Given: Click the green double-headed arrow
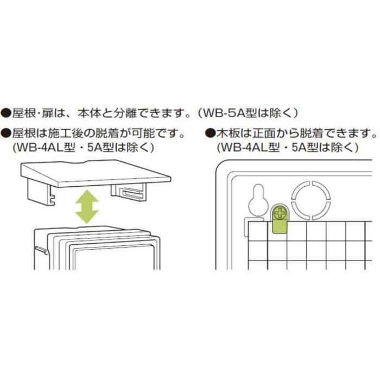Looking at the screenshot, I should pos(86,207).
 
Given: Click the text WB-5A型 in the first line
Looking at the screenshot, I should pos(225,113).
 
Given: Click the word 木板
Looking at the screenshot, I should pos(226,132).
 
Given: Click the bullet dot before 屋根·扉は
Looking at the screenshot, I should pos(6,113).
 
